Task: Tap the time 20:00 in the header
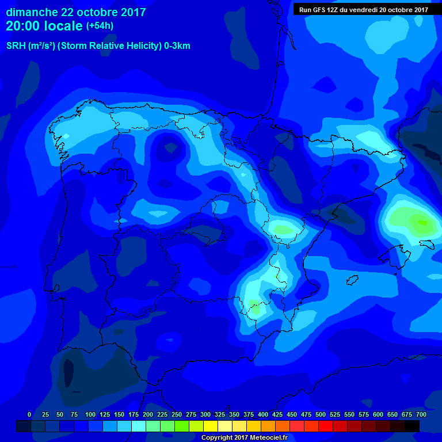(x=24, y=26)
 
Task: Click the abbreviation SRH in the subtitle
(x=17, y=46)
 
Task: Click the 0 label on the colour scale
(x=29, y=414)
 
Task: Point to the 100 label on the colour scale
(x=90, y=414)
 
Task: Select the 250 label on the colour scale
(x=177, y=414)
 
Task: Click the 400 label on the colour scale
(x=263, y=414)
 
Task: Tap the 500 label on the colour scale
(x=321, y=414)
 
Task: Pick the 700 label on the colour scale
(x=421, y=414)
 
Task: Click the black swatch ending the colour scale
(x=412, y=426)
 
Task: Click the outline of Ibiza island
(x=352, y=280)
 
